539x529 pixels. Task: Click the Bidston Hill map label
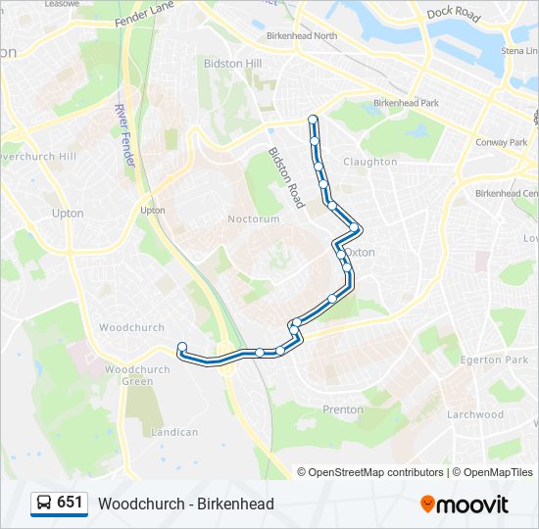(233, 63)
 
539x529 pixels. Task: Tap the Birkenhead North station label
(302, 36)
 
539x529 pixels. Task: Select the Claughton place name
(370, 162)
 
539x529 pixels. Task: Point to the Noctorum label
(254, 218)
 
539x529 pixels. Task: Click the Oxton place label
(362, 252)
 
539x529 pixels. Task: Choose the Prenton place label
(343, 409)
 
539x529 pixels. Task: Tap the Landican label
(175, 431)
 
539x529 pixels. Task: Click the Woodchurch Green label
(137, 375)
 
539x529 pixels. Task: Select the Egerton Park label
(501, 361)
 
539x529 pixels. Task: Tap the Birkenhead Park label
(406, 103)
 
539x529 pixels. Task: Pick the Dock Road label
(454, 15)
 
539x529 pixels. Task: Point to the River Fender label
(124, 134)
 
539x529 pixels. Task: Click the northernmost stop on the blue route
(314, 120)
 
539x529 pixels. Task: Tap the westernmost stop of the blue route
(182, 346)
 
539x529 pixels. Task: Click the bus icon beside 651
(44, 504)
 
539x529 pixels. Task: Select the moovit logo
(465, 505)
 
